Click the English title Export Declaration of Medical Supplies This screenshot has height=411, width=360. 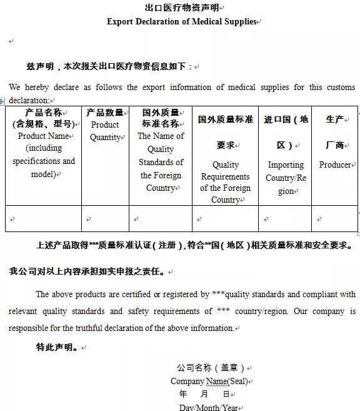[x=182, y=21]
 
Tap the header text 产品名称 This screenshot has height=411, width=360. [x=43, y=113]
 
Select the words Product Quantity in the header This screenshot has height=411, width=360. [x=105, y=131]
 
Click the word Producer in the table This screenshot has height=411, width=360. [x=335, y=165]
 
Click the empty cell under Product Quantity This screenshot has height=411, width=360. [x=105, y=219]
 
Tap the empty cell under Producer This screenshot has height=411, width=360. [x=335, y=219]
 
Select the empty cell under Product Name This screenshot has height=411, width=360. [x=43, y=219]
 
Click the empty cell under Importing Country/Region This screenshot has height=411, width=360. [x=285, y=219]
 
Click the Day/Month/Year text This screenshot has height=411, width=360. [x=209, y=407]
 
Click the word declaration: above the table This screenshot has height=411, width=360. [x=29, y=100]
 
